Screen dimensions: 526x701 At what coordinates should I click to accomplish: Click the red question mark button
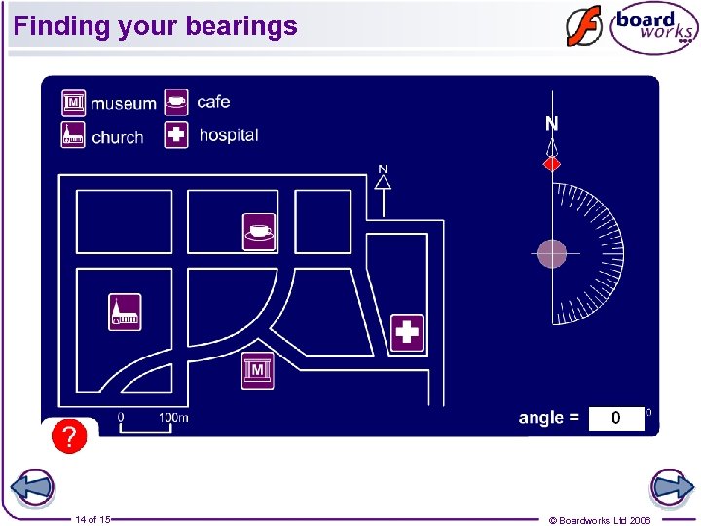pos(69,436)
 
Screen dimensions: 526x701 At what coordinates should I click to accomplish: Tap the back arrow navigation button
pos(31,488)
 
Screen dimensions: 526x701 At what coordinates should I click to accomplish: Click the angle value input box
pos(615,418)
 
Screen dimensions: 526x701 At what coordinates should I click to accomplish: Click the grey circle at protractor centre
pos(552,253)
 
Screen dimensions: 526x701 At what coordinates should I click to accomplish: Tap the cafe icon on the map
pos(258,231)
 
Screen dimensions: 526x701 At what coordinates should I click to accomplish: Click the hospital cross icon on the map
pos(407,332)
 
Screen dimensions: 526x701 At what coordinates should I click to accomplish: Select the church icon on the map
pos(125,312)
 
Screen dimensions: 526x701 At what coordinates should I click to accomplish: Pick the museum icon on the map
pos(258,370)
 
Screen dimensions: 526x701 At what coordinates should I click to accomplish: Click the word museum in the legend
pos(124,103)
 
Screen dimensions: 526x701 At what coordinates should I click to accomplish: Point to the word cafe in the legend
pos(213,101)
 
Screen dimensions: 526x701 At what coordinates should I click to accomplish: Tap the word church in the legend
pos(118,137)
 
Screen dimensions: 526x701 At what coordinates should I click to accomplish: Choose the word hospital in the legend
pos(229,135)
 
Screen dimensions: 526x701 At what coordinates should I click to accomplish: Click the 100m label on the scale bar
pos(173,418)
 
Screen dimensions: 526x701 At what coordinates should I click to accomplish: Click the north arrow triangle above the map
pos(384,181)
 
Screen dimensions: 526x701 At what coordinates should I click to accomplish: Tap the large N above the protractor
pos(552,124)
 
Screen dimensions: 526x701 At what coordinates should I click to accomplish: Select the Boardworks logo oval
pos(653,28)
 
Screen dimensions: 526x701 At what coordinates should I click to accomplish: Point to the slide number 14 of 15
pos(92,520)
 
